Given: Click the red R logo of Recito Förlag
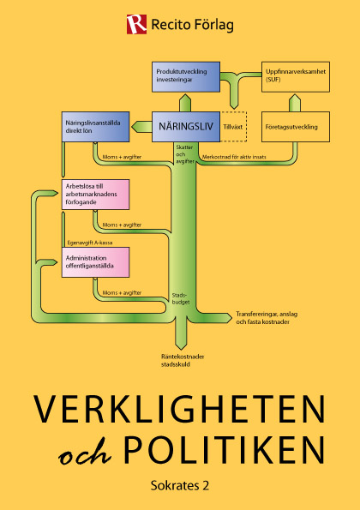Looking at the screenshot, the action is pyautogui.click(x=136, y=24).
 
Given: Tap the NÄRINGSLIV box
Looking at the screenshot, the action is pyautogui.click(x=186, y=127).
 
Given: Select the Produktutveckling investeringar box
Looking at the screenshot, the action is pyautogui.click(x=186, y=77).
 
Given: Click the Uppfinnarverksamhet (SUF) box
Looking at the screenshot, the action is pyautogui.click(x=296, y=77).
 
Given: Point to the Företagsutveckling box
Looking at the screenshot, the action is pyautogui.click(x=296, y=127).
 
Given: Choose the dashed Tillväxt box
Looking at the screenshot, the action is pyautogui.click(x=233, y=127).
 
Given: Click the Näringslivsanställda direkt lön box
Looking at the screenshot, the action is pyautogui.click(x=96, y=127).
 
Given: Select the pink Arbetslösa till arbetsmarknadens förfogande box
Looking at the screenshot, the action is pyautogui.click(x=96, y=195).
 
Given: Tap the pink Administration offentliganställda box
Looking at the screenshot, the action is pyautogui.click(x=96, y=262).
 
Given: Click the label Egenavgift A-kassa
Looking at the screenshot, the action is pyautogui.click(x=90, y=243).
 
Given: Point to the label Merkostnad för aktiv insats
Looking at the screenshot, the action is pyautogui.click(x=234, y=157).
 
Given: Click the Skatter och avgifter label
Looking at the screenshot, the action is pyautogui.click(x=185, y=154).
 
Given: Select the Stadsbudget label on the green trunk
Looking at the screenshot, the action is pyautogui.click(x=181, y=299).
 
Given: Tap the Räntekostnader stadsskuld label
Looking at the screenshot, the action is pyautogui.click(x=183, y=360).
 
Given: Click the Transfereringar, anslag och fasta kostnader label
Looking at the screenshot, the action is pyautogui.click(x=267, y=318).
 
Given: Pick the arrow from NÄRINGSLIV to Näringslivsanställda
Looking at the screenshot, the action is pyautogui.click(x=141, y=127).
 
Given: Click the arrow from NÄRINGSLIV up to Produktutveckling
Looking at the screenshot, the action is pyautogui.click(x=185, y=103).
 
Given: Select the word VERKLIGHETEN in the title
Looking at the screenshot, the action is pyautogui.click(x=179, y=409).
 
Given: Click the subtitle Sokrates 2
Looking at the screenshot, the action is pyautogui.click(x=180, y=486).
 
